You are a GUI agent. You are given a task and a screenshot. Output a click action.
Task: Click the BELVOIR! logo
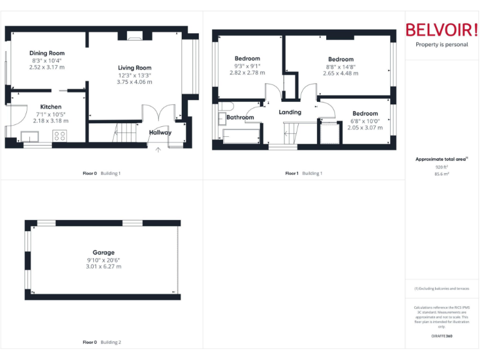[x=441, y=29]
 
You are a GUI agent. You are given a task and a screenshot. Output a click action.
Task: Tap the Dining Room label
[x=47, y=53]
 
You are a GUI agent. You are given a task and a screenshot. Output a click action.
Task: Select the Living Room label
[x=134, y=67]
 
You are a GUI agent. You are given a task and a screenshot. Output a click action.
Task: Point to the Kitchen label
[x=51, y=107]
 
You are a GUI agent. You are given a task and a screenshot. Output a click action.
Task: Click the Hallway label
[x=160, y=132]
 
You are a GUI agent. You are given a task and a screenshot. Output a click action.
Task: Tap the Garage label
[x=104, y=252]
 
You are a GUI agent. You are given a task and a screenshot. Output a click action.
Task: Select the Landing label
[x=290, y=112]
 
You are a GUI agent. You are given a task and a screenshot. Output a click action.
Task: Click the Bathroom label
[x=240, y=117]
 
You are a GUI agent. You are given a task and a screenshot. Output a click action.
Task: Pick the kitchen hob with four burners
[x=60, y=135]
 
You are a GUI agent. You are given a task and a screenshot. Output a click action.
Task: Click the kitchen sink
[x=29, y=136]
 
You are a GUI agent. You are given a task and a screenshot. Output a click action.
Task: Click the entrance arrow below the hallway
[x=157, y=150]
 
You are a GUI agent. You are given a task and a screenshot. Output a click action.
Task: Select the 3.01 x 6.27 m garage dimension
[x=104, y=267]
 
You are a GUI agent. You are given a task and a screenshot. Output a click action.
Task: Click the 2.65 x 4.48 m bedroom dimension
[x=341, y=73]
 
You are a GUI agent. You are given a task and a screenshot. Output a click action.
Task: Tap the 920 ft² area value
[x=441, y=167]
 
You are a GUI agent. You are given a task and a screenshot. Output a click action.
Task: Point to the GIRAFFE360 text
[x=441, y=336]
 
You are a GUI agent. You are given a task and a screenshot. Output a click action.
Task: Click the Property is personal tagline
[x=441, y=45]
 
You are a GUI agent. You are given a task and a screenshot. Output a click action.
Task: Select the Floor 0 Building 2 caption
[x=102, y=342]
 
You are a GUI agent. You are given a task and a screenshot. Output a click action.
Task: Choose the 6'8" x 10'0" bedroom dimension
[x=365, y=121]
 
